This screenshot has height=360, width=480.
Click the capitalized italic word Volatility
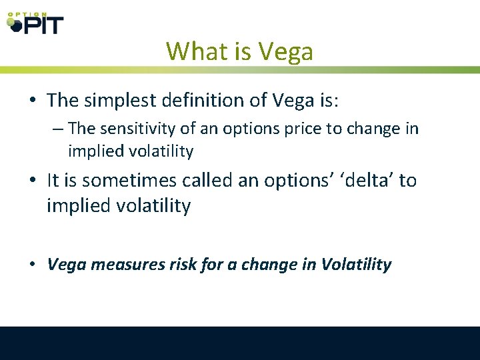click(356, 265)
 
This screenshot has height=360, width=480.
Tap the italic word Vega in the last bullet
click(67, 265)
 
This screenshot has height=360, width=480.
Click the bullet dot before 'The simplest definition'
click(33, 101)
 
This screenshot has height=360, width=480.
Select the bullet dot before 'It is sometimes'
click(33, 181)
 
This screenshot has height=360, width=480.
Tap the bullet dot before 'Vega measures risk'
click(33, 265)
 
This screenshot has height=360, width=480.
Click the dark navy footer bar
click(240, 343)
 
